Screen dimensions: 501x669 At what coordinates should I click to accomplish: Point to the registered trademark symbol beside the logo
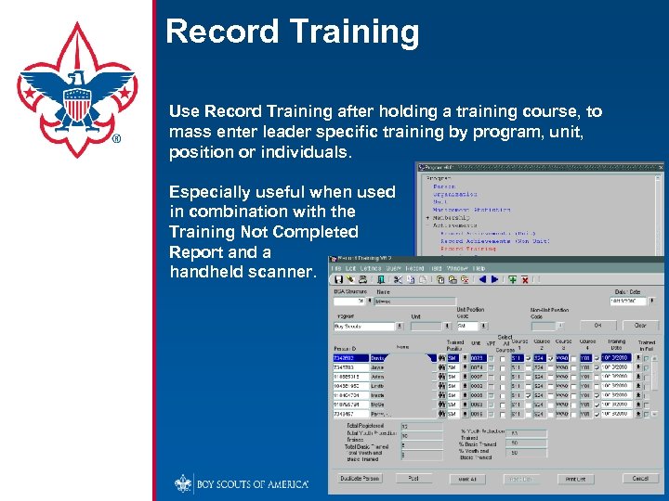tap(116, 140)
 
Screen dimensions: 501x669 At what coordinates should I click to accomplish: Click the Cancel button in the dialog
tap(640, 479)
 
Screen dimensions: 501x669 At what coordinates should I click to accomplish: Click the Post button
tap(413, 479)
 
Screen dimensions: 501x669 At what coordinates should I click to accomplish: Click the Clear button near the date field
tap(640, 326)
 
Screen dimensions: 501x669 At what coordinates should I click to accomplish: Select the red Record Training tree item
tap(468, 249)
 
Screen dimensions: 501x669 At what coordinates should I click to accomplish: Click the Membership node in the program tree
tap(455, 216)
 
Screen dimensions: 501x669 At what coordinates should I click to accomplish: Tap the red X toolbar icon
tap(525, 279)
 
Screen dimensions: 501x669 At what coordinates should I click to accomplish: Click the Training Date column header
tap(616, 344)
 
